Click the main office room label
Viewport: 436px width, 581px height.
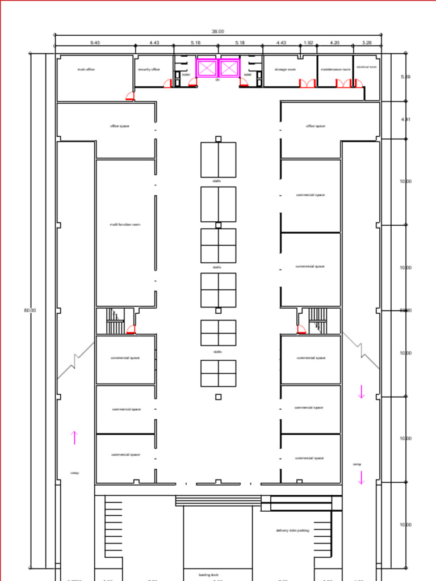tap(86, 69)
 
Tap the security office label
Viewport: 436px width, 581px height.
tap(149, 69)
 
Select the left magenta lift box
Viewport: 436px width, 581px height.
tap(207, 68)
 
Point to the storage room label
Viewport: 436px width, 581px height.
tap(285, 69)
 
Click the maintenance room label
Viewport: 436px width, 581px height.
tap(335, 69)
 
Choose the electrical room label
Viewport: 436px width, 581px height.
tap(366, 67)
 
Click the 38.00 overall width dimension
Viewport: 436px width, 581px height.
tap(218, 32)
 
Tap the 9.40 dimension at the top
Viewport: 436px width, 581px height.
tap(95, 43)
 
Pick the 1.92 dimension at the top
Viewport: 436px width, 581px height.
tap(308, 43)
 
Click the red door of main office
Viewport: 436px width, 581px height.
tap(131, 96)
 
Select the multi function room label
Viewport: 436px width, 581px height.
tap(125, 225)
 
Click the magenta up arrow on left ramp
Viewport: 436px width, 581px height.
tap(74, 437)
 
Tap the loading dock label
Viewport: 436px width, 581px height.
tap(208, 574)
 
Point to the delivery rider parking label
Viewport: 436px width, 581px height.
tap(292, 531)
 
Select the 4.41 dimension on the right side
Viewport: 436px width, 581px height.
tap(405, 120)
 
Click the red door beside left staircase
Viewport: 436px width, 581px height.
tap(131, 330)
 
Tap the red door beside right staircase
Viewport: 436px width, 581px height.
tap(301, 330)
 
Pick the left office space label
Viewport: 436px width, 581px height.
tap(119, 126)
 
